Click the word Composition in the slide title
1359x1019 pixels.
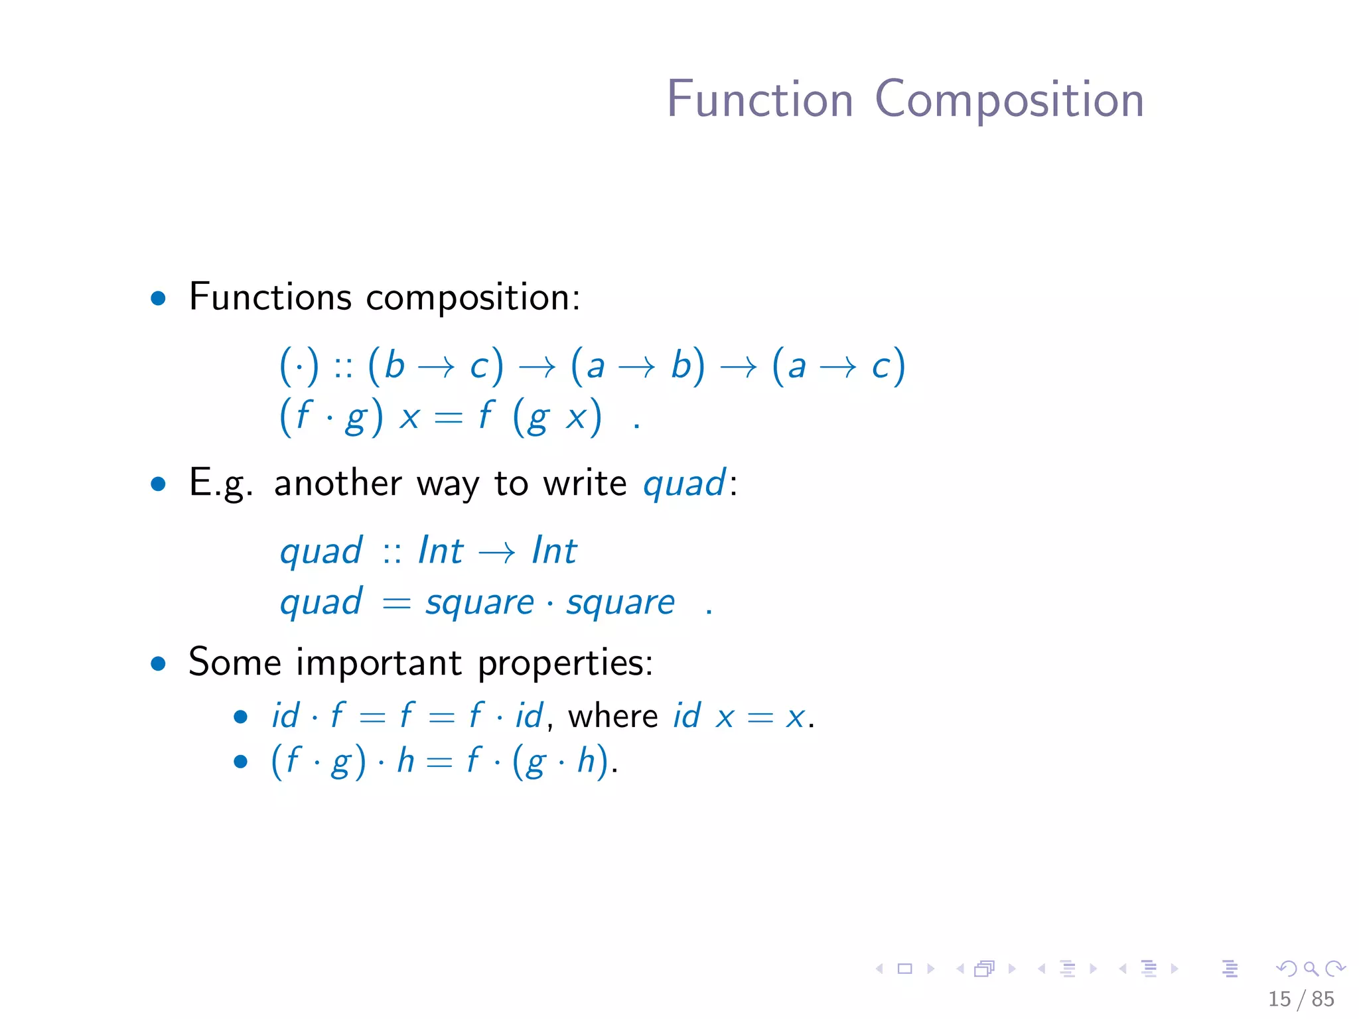click(x=1009, y=100)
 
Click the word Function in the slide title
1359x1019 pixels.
click(x=760, y=100)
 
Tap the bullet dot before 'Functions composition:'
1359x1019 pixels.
click(x=158, y=298)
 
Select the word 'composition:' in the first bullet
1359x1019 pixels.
click(x=473, y=298)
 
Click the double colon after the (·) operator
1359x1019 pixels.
click(x=343, y=367)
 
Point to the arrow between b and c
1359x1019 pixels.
click(x=437, y=367)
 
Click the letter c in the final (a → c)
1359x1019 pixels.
click(x=881, y=367)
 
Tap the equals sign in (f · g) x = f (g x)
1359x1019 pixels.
click(x=448, y=418)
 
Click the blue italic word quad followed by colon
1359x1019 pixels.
click(x=684, y=483)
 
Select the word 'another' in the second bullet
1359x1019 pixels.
click(x=338, y=483)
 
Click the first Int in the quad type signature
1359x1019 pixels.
click(x=441, y=551)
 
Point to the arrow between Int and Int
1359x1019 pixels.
click(x=497, y=552)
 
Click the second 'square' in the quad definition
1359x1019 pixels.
click(x=620, y=602)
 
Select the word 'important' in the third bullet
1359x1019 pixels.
click(x=379, y=663)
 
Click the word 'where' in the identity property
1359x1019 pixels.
click(x=613, y=716)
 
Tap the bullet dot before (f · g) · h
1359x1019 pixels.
click(x=240, y=761)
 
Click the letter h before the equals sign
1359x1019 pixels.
click(x=405, y=760)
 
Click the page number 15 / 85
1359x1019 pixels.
click(x=1301, y=998)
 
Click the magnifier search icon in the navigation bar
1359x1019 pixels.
click(x=1311, y=969)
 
